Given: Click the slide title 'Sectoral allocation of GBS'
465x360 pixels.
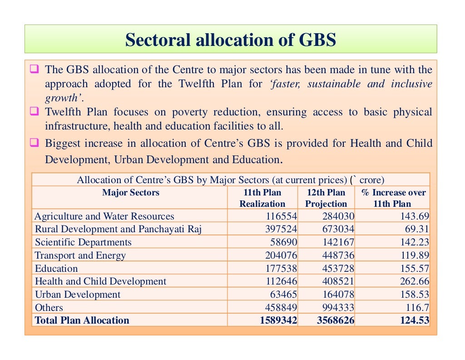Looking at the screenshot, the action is (230, 40).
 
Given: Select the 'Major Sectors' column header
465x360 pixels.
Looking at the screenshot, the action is (131, 193).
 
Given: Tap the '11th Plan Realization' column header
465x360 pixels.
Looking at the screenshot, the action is (262, 198).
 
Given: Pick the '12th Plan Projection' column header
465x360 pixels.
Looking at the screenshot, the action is (326, 198).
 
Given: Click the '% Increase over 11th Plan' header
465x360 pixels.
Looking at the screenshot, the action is (393, 198).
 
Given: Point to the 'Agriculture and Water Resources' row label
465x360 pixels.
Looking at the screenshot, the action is (104, 216).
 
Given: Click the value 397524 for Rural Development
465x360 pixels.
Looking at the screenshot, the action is (281, 229).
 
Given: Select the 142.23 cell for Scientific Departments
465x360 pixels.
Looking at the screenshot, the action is (415, 242).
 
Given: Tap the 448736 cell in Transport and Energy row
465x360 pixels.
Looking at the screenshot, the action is (338, 255).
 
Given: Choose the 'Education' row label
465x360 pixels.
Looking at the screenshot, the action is (56, 268).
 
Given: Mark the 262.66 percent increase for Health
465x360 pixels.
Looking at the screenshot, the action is (415, 281).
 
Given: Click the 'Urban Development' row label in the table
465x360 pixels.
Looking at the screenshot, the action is (78, 295).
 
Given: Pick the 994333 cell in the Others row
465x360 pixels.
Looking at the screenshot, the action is (338, 307).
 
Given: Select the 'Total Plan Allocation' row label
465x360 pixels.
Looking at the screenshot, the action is (82, 320).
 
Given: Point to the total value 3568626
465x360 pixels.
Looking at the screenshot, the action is (336, 320).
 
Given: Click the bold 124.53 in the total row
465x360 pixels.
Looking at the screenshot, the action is (415, 320).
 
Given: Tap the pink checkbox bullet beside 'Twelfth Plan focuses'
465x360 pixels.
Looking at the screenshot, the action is (35, 111).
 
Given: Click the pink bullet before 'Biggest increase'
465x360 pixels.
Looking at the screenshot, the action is (35, 142).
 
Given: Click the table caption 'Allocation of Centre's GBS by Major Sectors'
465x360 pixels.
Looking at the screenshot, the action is (212, 180).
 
